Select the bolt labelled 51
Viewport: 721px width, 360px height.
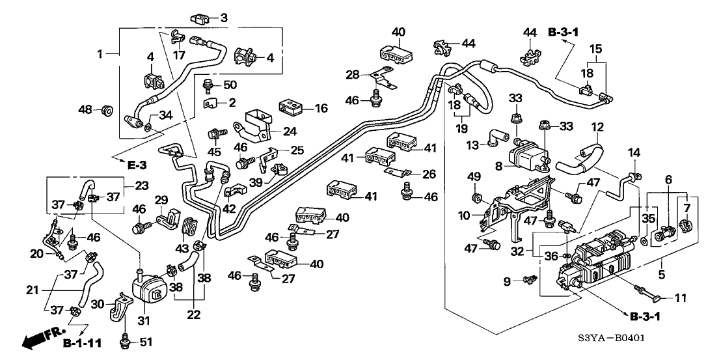125,339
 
